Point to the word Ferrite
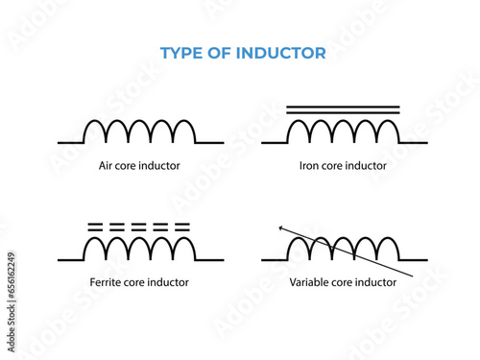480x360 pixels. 103,282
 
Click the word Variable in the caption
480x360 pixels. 311,282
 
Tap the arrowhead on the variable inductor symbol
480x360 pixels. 281,228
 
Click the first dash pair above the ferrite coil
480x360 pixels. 94,228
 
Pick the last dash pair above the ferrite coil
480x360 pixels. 181,228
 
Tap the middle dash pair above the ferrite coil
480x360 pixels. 138,228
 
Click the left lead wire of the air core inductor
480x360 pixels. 70,142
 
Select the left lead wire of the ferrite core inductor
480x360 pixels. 70,259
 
